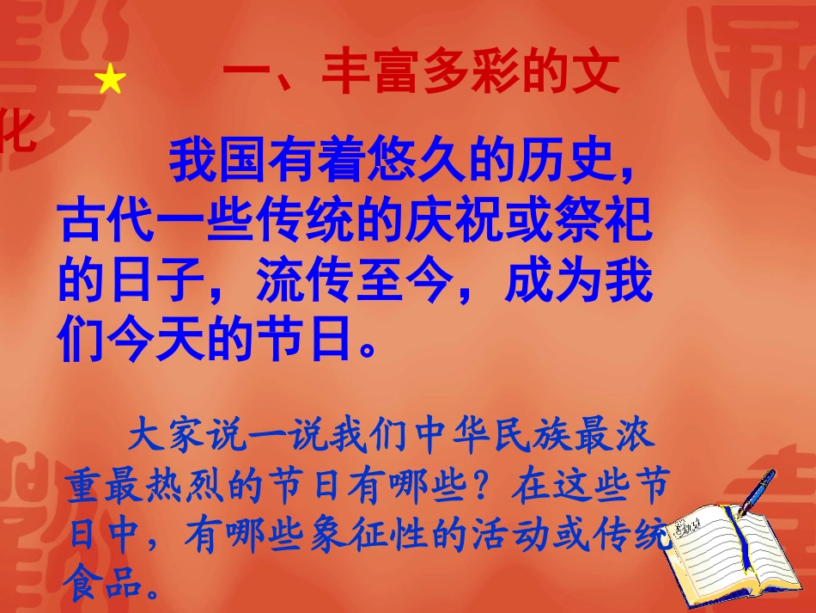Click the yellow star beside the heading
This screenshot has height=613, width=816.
[x=111, y=81]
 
